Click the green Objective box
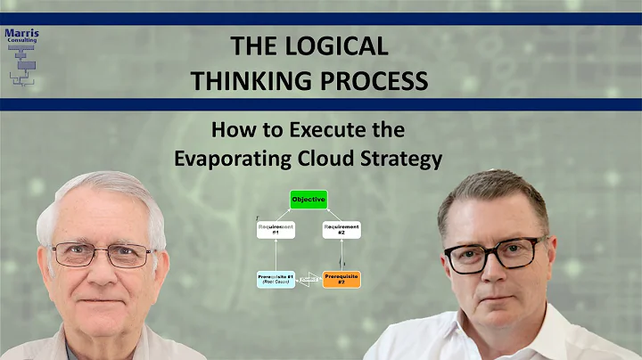click(309, 200)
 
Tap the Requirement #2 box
click(342, 230)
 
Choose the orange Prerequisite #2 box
click(342, 279)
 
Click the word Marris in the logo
click(21, 35)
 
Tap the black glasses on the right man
click(493, 255)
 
